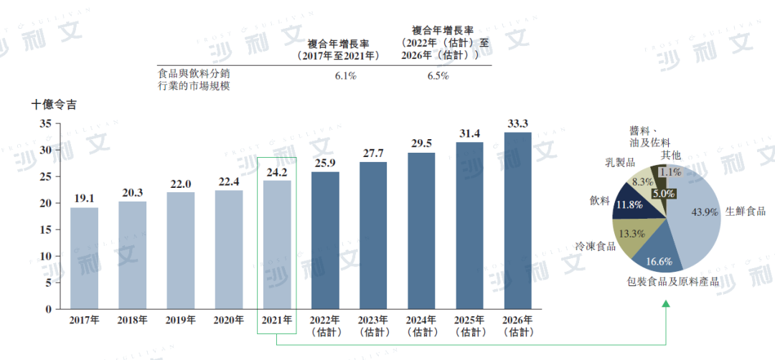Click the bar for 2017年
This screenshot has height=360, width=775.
click(x=85, y=258)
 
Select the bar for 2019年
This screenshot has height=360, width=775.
click(x=181, y=250)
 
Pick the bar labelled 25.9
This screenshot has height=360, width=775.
click(x=325, y=240)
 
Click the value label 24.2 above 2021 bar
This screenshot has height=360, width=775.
click(x=277, y=173)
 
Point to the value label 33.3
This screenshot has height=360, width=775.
click(x=517, y=124)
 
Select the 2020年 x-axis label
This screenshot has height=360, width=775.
click(x=229, y=320)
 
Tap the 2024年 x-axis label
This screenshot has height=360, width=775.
click(x=421, y=320)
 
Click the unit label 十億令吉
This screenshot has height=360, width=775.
click(x=55, y=105)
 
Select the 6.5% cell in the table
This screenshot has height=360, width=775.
click(x=438, y=76)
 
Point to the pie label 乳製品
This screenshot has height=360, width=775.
click(x=621, y=162)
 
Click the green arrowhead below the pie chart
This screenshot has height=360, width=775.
click(x=665, y=305)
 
